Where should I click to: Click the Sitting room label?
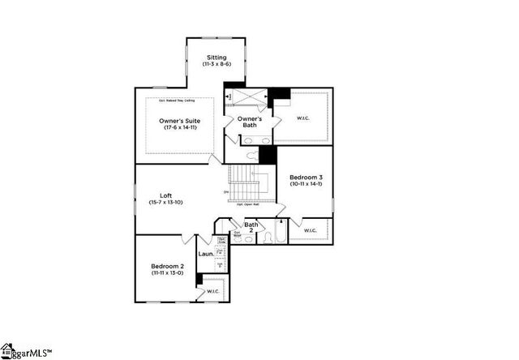tap(217, 57)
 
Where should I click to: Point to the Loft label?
tap(165, 195)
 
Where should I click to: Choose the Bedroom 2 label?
tap(167, 266)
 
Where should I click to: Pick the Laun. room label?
tap(205, 254)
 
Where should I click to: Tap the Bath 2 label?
tap(251, 228)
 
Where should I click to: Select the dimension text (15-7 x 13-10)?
tap(166, 202)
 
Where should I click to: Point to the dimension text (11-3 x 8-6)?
tap(217, 64)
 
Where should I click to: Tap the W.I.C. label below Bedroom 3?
tap(310, 230)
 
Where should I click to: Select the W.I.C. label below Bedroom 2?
tap(212, 291)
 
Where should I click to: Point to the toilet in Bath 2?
tap(268, 238)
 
